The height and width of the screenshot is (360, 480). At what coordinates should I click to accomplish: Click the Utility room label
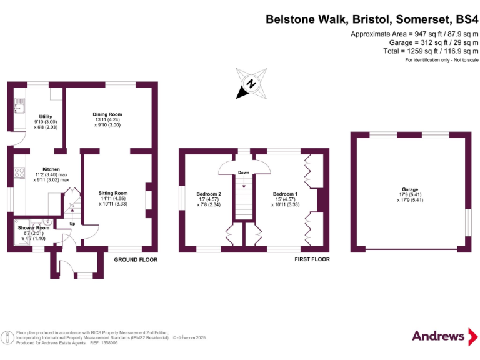click(46, 116)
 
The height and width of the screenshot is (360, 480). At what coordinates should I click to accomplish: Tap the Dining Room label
click(107, 114)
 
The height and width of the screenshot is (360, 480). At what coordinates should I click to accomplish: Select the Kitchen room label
click(51, 169)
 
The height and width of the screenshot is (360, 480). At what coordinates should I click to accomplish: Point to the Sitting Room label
click(113, 194)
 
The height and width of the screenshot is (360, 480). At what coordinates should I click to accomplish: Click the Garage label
click(410, 189)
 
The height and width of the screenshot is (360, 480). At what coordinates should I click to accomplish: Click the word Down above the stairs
click(244, 172)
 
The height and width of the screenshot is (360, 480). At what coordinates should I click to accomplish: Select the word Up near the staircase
click(72, 223)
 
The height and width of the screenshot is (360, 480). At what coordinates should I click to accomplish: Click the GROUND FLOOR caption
click(136, 259)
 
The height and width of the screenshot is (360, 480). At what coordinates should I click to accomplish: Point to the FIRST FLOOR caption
click(312, 259)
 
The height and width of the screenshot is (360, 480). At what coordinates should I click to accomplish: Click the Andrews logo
click(438, 336)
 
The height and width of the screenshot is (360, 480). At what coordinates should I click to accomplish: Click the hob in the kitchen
click(19, 174)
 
